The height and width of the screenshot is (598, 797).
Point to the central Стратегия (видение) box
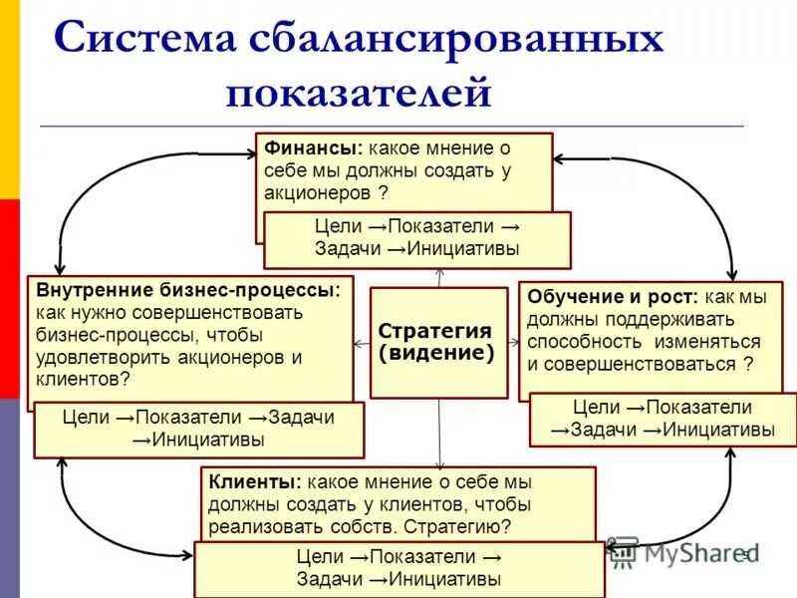tap(436, 342)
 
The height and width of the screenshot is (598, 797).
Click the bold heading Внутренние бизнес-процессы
tap(188, 290)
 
